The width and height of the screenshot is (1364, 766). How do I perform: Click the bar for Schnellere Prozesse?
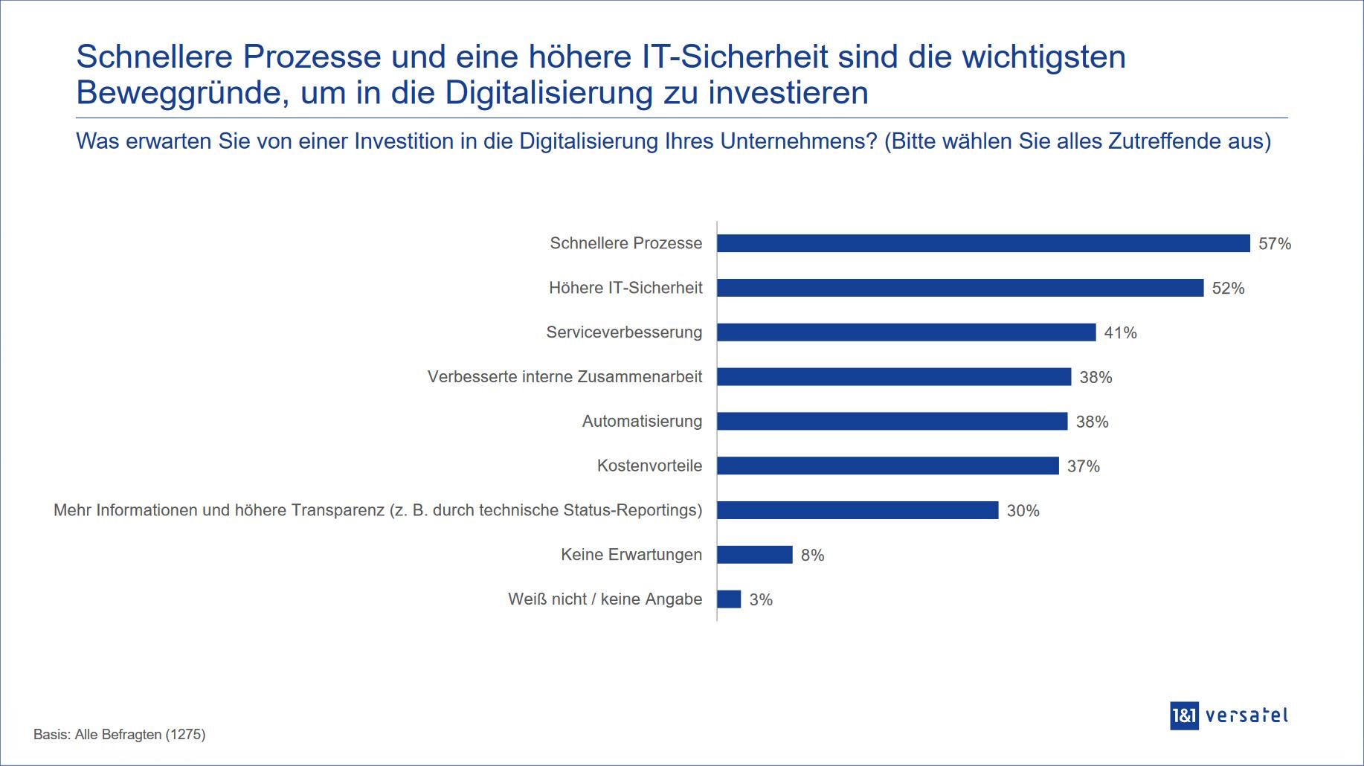[x=983, y=243]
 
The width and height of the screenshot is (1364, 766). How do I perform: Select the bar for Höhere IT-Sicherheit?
[x=960, y=288]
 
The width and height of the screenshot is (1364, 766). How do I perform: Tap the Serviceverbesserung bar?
[x=906, y=332]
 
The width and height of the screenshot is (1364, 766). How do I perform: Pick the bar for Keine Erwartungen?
[x=755, y=555]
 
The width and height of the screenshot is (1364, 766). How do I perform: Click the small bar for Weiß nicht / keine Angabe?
[x=729, y=599]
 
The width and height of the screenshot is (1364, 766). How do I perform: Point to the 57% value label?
[x=1274, y=244]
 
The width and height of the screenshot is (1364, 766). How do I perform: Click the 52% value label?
[x=1228, y=289]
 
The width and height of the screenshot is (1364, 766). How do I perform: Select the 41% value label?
[x=1120, y=333]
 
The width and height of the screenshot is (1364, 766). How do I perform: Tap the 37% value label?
[x=1083, y=466]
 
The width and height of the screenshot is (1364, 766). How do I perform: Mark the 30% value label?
[x=1023, y=511]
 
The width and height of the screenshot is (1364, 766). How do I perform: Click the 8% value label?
[x=812, y=556]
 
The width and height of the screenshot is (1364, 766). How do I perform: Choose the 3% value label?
[x=761, y=600]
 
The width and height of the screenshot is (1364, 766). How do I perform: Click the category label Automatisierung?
[x=642, y=422]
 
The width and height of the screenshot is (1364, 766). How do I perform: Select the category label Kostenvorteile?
[x=649, y=466]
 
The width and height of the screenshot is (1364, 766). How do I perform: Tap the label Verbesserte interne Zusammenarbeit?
[x=564, y=377]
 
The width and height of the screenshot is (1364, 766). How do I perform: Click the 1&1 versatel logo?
[x=1228, y=715]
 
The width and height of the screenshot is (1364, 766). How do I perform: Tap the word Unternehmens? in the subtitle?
[x=799, y=141]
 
